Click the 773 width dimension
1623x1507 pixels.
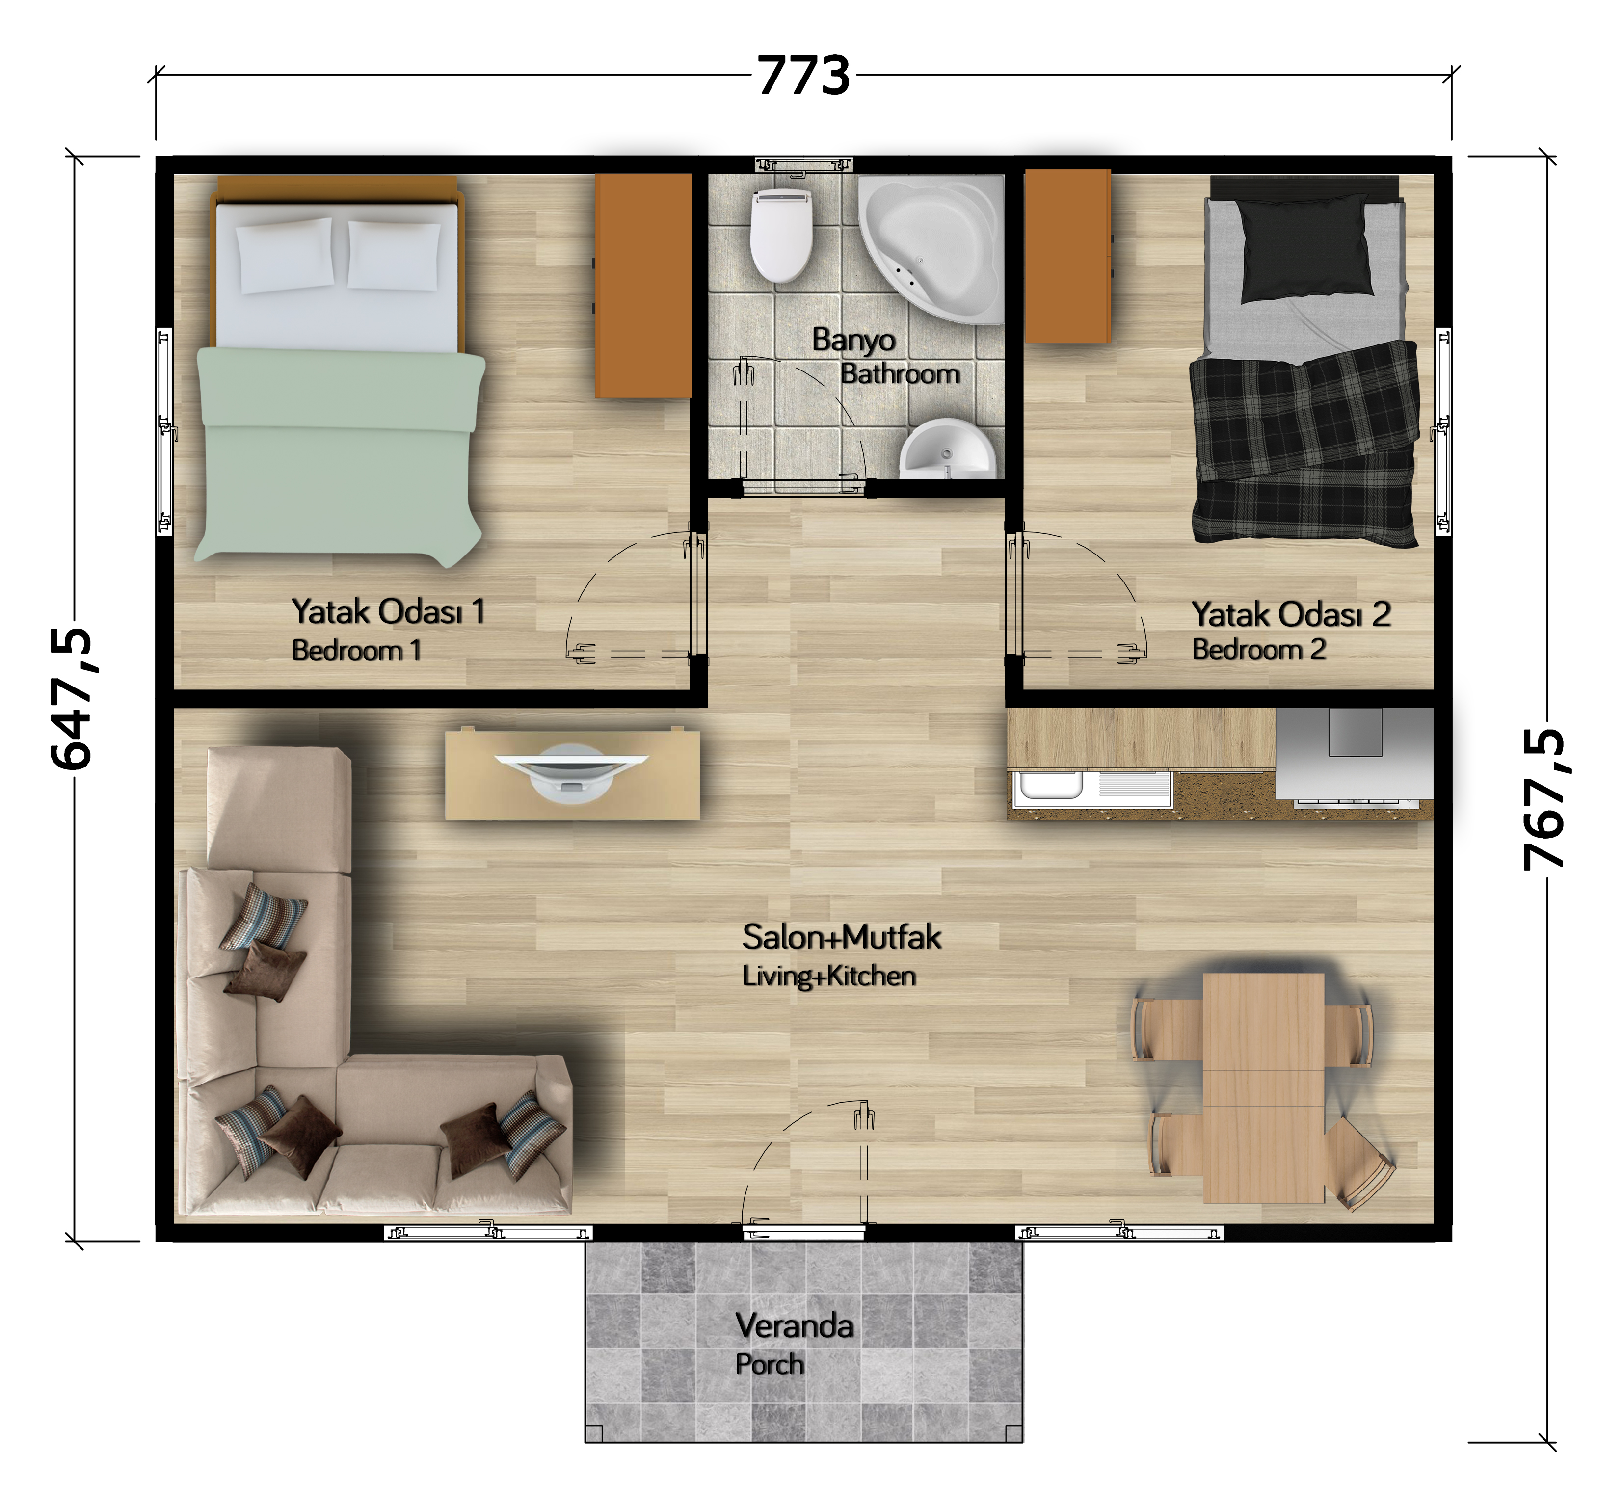(803, 76)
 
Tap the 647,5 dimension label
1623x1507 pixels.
(72, 699)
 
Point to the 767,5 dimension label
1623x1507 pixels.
(1544, 799)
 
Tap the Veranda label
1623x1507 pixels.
(795, 1325)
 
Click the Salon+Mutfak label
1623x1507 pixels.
(842, 937)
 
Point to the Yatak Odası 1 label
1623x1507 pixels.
(388, 611)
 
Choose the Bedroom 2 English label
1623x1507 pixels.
(1258, 649)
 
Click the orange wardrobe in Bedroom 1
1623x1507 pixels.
(643, 286)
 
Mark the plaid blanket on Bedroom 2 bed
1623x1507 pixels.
(1304, 445)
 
